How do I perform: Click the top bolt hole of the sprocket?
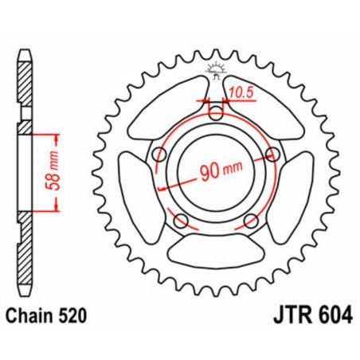pyautogui.click(x=216, y=112)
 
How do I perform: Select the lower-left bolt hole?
pyautogui.click(x=181, y=220)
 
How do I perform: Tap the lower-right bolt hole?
pyautogui.click(x=251, y=220)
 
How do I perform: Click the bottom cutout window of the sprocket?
pyautogui.click(x=216, y=252)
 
